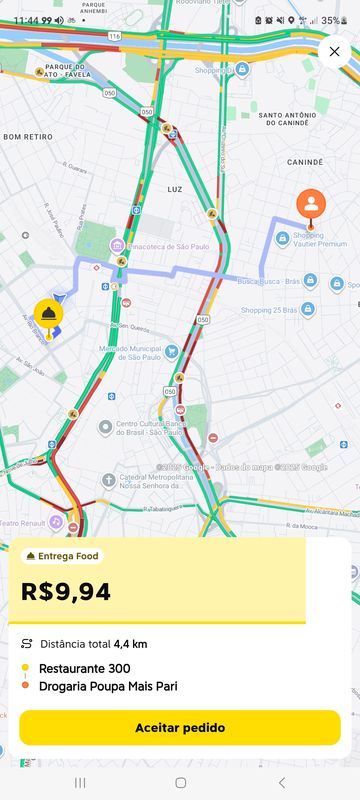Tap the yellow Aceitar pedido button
point(180,727)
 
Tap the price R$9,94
point(66,591)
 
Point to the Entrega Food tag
point(62,556)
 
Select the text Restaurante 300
point(85,668)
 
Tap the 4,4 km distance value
point(130,644)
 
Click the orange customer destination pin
point(311,205)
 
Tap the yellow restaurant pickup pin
point(48,315)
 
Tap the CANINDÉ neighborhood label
point(305,160)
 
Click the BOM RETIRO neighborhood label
point(28,136)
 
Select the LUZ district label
point(175,188)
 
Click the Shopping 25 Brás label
point(270,310)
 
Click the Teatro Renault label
point(22,522)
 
